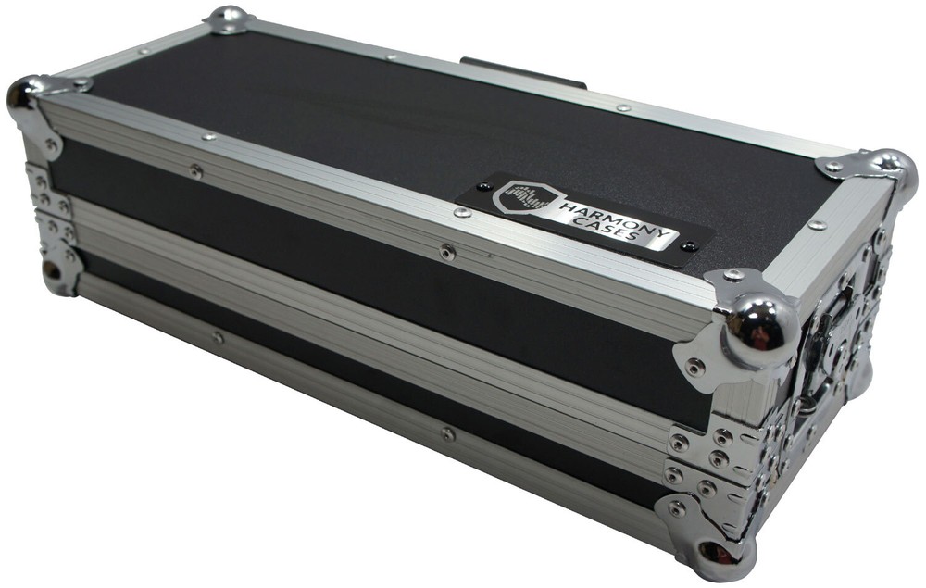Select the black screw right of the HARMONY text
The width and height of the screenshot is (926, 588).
(688, 246)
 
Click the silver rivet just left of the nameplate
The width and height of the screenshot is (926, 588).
(460, 213)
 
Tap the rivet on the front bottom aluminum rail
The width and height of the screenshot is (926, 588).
(447, 433)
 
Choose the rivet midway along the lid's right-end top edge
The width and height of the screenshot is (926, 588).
(817, 225)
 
